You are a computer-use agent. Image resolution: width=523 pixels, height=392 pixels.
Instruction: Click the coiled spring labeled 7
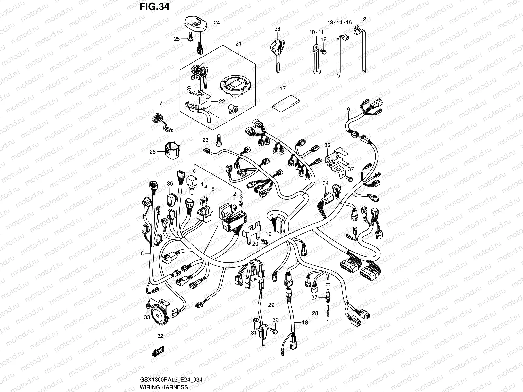tap(160, 120)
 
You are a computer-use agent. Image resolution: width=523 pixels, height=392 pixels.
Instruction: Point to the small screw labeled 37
tap(349, 179)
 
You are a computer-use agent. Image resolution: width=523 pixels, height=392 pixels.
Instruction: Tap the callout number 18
tap(305, 322)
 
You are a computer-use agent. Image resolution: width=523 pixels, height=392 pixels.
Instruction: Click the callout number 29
tap(271, 305)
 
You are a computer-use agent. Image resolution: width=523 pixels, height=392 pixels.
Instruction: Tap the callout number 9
tap(348, 109)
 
